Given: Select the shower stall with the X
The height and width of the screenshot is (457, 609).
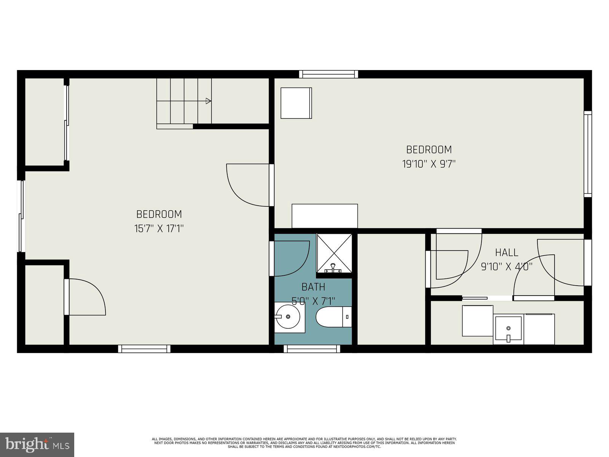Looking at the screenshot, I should click(x=334, y=253).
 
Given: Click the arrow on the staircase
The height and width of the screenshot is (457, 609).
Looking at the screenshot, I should click(x=208, y=101).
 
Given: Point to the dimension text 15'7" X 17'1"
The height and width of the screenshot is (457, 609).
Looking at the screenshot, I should click(x=159, y=229).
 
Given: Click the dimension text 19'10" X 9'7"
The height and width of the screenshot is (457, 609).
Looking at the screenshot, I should click(x=429, y=164).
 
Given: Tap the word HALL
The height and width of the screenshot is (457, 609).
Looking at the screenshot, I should click(x=506, y=252).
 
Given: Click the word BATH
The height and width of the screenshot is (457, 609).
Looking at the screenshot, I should click(x=313, y=287).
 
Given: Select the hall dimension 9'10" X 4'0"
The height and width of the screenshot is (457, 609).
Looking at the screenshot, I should click(x=506, y=267).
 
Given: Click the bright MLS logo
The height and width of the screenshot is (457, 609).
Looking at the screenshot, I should click(x=37, y=444).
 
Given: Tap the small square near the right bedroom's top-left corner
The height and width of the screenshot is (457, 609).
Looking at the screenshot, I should click(x=296, y=103).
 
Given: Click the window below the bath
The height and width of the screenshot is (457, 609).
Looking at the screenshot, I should click(x=312, y=348).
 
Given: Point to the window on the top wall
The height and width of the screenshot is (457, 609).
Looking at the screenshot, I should click(x=328, y=74).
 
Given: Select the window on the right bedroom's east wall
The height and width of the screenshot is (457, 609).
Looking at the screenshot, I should click(x=588, y=154).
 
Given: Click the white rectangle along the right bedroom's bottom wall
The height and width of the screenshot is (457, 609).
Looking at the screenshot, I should click(x=325, y=216).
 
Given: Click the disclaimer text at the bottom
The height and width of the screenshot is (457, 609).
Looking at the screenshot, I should click(x=304, y=443).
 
